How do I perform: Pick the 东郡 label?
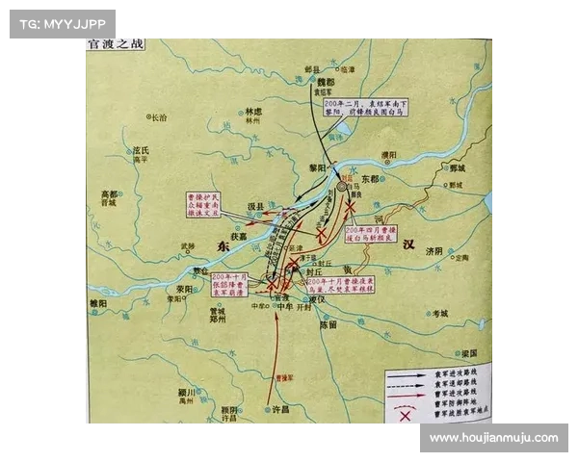pyautogui.click(x=370, y=180)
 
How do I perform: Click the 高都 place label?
pyautogui.click(x=109, y=193)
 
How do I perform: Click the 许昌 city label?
pyautogui.click(x=280, y=409)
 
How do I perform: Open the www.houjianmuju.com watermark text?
pyautogui.click(x=492, y=438)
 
